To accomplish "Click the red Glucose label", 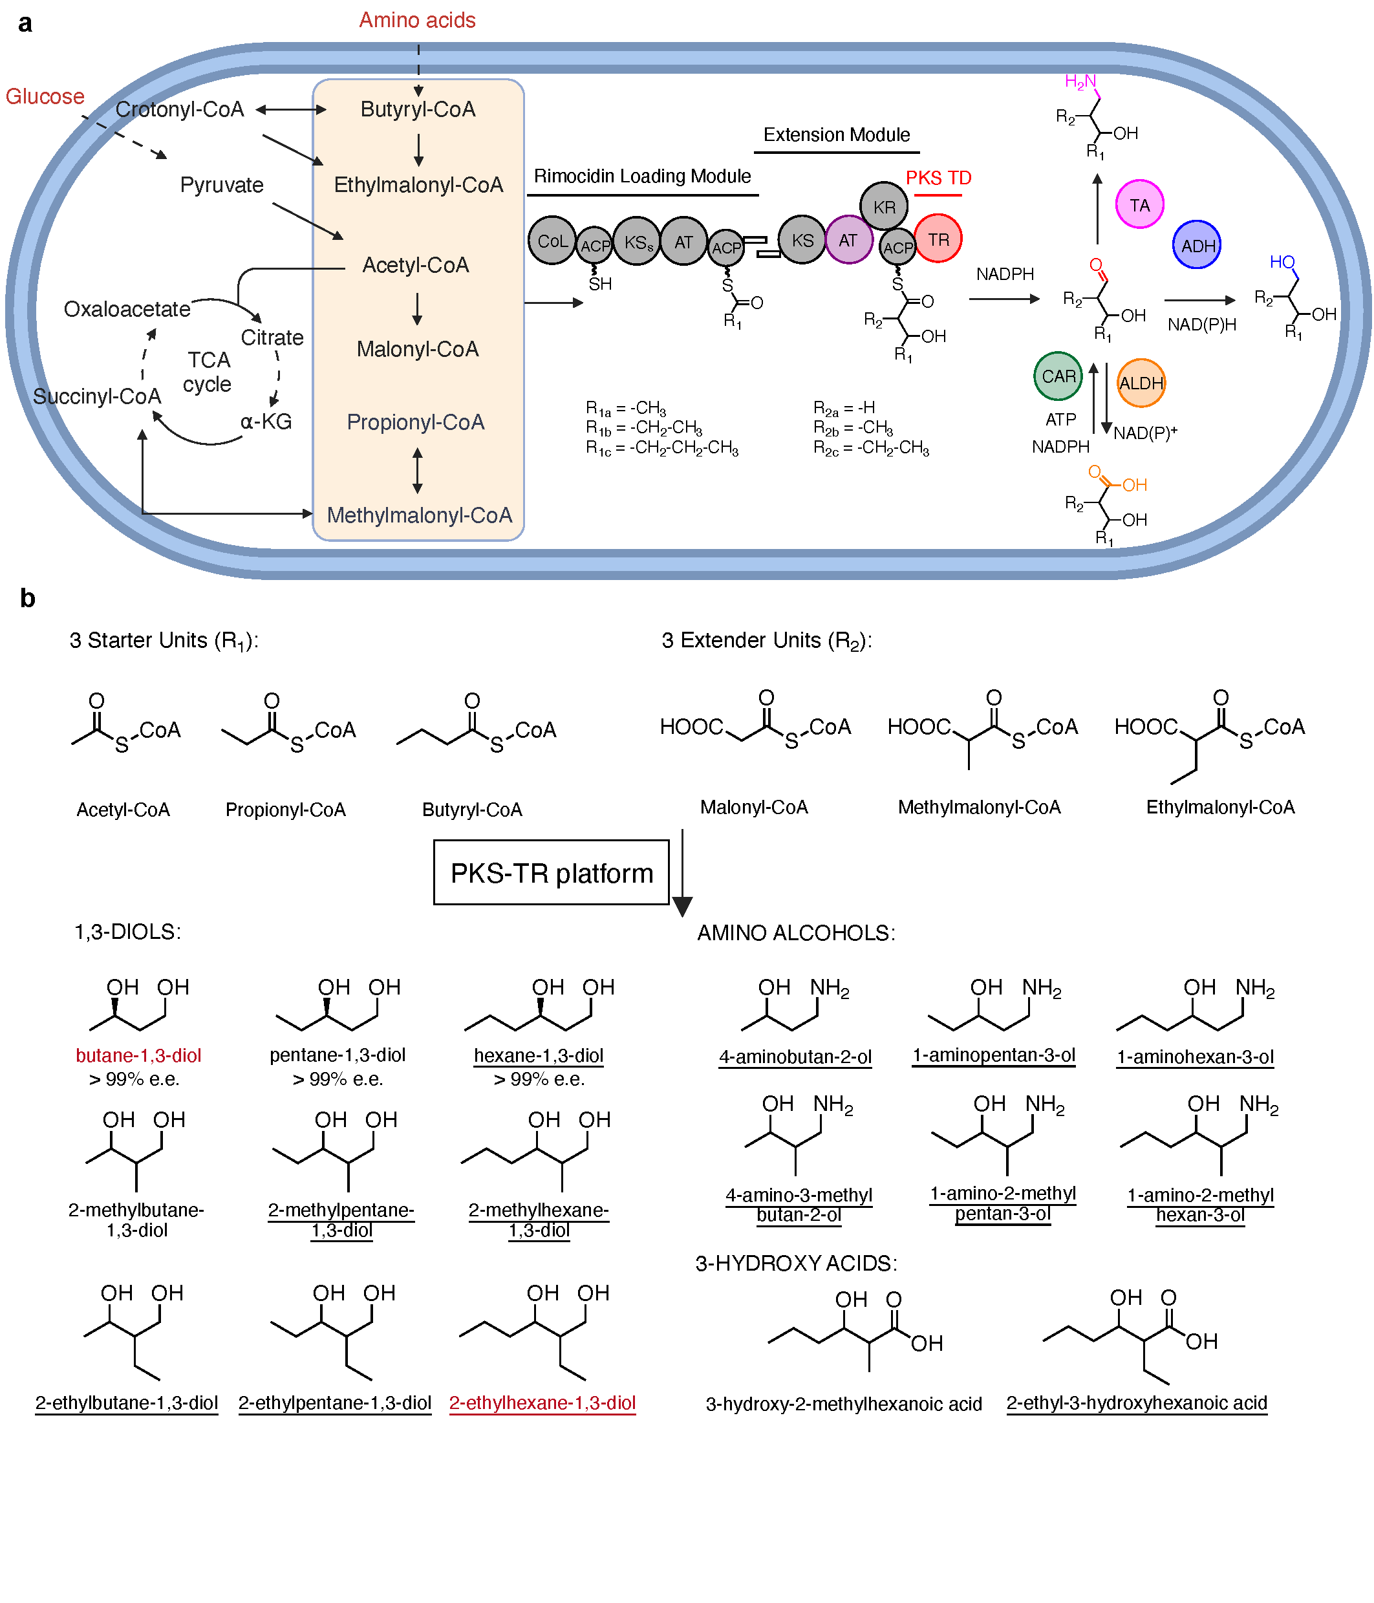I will (x=45, y=97).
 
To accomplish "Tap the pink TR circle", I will (x=938, y=239).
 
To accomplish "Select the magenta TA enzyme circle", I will (x=1139, y=205).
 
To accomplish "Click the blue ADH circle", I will (x=1197, y=246).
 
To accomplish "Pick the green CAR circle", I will (x=1058, y=376).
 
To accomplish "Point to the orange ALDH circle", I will (x=1141, y=383).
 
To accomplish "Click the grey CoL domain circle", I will (x=552, y=241).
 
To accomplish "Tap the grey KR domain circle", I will (x=883, y=206).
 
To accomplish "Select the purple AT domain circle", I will (x=849, y=241).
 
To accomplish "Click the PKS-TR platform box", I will (x=551, y=873).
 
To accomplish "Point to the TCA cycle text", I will (x=208, y=372).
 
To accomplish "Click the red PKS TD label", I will (x=938, y=178).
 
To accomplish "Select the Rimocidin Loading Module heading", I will (x=642, y=177).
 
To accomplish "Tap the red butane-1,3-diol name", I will (x=138, y=1055).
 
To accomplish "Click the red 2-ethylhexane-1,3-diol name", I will (x=542, y=1403).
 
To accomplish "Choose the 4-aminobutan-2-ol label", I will (x=795, y=1057).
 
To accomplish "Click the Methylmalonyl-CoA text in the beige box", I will (x=420, y=515).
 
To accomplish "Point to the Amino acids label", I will (x=417, y=20).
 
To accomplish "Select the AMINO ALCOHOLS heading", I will (x=796, y=933).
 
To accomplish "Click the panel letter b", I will (x=28, y=598).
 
